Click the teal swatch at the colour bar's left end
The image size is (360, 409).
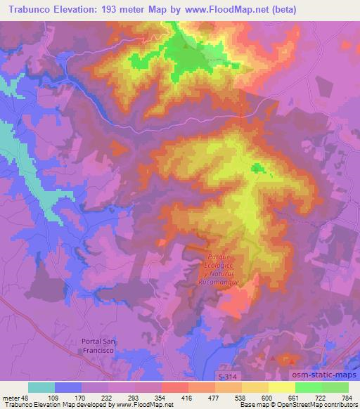tap(42, 387)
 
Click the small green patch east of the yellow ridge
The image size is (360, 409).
tap(259, 168)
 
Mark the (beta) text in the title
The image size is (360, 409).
tap(280, 10)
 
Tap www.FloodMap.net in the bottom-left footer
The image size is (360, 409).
tap(146, 405)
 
